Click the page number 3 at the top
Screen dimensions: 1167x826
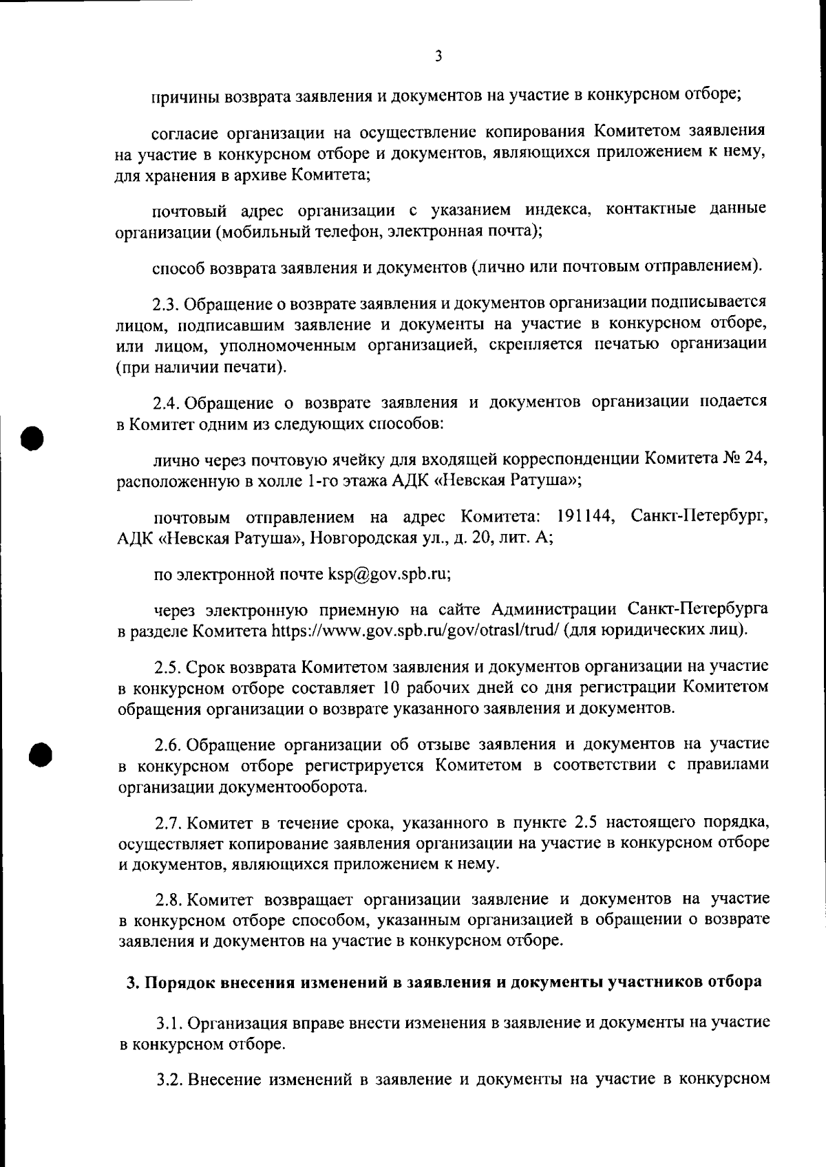tap(438, 56)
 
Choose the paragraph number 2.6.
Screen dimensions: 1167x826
tap(168, 745)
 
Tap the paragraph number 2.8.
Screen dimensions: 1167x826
tap(168, 899)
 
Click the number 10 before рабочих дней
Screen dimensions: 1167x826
tap(389, 687)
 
